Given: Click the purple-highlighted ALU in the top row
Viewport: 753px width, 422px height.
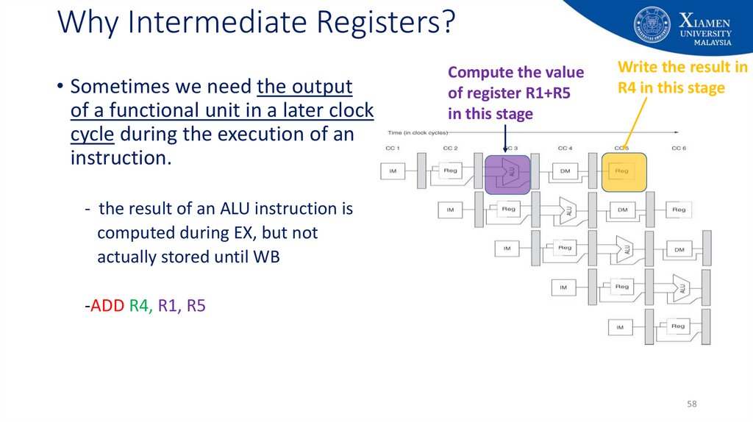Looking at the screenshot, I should tap(508, 172).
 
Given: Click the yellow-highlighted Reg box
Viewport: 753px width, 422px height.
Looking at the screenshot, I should tap(624, 172).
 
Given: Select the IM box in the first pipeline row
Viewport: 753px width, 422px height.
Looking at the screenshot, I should tap(392, 172).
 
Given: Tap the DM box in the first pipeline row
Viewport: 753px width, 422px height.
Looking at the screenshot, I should tap(565, 172).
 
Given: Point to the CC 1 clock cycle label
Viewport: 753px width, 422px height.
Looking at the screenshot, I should tap(393, 149).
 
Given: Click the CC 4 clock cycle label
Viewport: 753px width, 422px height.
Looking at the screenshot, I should tap(565, 149).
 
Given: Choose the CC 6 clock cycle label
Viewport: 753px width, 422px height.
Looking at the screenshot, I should tap(679, 149).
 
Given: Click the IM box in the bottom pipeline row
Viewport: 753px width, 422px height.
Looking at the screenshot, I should tap(621, 327).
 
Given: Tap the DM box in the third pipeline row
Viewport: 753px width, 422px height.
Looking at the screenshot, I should tap(679, 249).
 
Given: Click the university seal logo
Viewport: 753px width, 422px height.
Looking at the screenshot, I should tap(652, 25).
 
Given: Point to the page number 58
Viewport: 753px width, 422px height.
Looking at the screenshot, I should tap(691, 404).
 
